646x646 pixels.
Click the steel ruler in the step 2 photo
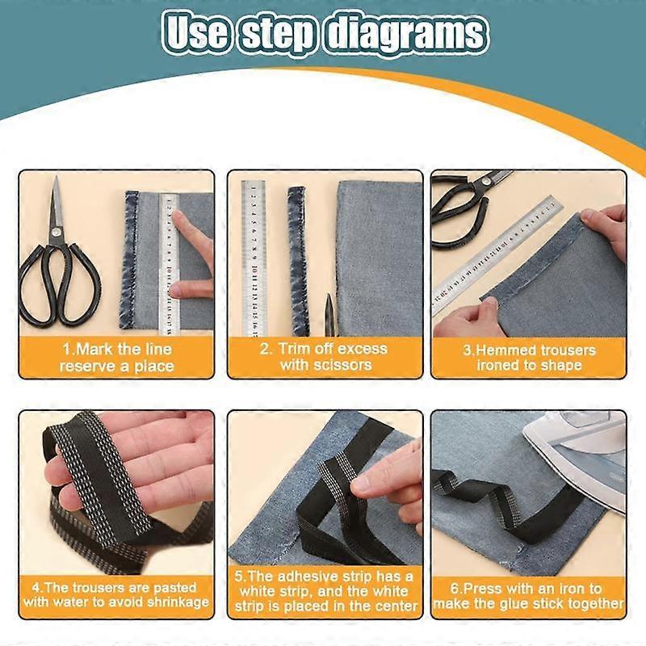pos(254,258)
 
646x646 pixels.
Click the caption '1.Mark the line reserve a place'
pos(116,358)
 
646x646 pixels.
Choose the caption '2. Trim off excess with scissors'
pos(324,356)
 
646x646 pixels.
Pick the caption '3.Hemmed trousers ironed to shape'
pos(529,358)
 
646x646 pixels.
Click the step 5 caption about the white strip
pos(324,591)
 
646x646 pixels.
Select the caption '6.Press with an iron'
pos(529,596)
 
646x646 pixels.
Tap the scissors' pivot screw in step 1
pos(57,232)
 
